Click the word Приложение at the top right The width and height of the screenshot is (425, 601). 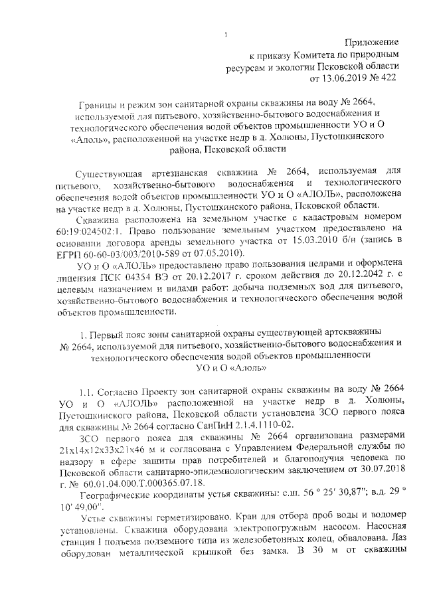pos(375,42)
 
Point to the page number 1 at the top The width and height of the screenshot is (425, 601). pos(226,35)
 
